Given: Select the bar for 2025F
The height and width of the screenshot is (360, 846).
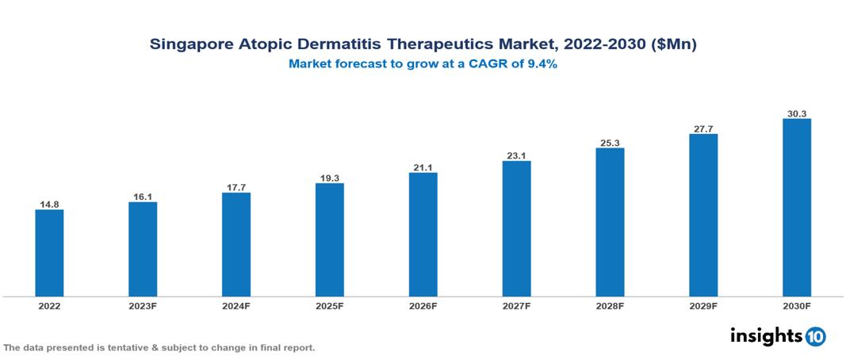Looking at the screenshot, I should click(x=329, y=240).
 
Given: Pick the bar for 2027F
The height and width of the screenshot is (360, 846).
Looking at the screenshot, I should click(x=516, y=229).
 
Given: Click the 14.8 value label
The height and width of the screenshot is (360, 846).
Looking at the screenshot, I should click(x=49, y=205).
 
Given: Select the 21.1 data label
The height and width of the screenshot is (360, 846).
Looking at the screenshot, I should click(x=423, y=167).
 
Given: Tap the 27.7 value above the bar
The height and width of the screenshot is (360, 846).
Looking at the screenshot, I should click(x=703, y=128).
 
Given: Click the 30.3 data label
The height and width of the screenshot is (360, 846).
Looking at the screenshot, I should click(x=796, y=113).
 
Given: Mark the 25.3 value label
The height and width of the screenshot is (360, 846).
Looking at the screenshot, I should click(x=610, y=143).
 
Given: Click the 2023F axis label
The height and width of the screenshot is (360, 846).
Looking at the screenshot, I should click(x=143, y=306).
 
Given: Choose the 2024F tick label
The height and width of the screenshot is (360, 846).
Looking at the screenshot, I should click(x=236, y=306).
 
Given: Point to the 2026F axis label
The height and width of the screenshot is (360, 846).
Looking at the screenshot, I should click(x=423, y=306).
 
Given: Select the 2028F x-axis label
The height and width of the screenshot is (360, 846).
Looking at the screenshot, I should click(x=610, y=306).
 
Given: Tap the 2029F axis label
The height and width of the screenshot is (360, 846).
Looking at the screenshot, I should click(x=703, y=306).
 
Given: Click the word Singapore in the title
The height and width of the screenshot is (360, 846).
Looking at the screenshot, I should click(x=190, y=45).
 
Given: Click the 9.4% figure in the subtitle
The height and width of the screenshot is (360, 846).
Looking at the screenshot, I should click(x=541, y=65).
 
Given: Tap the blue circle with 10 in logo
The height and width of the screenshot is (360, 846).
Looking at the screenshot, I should click(x=815, y=336).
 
